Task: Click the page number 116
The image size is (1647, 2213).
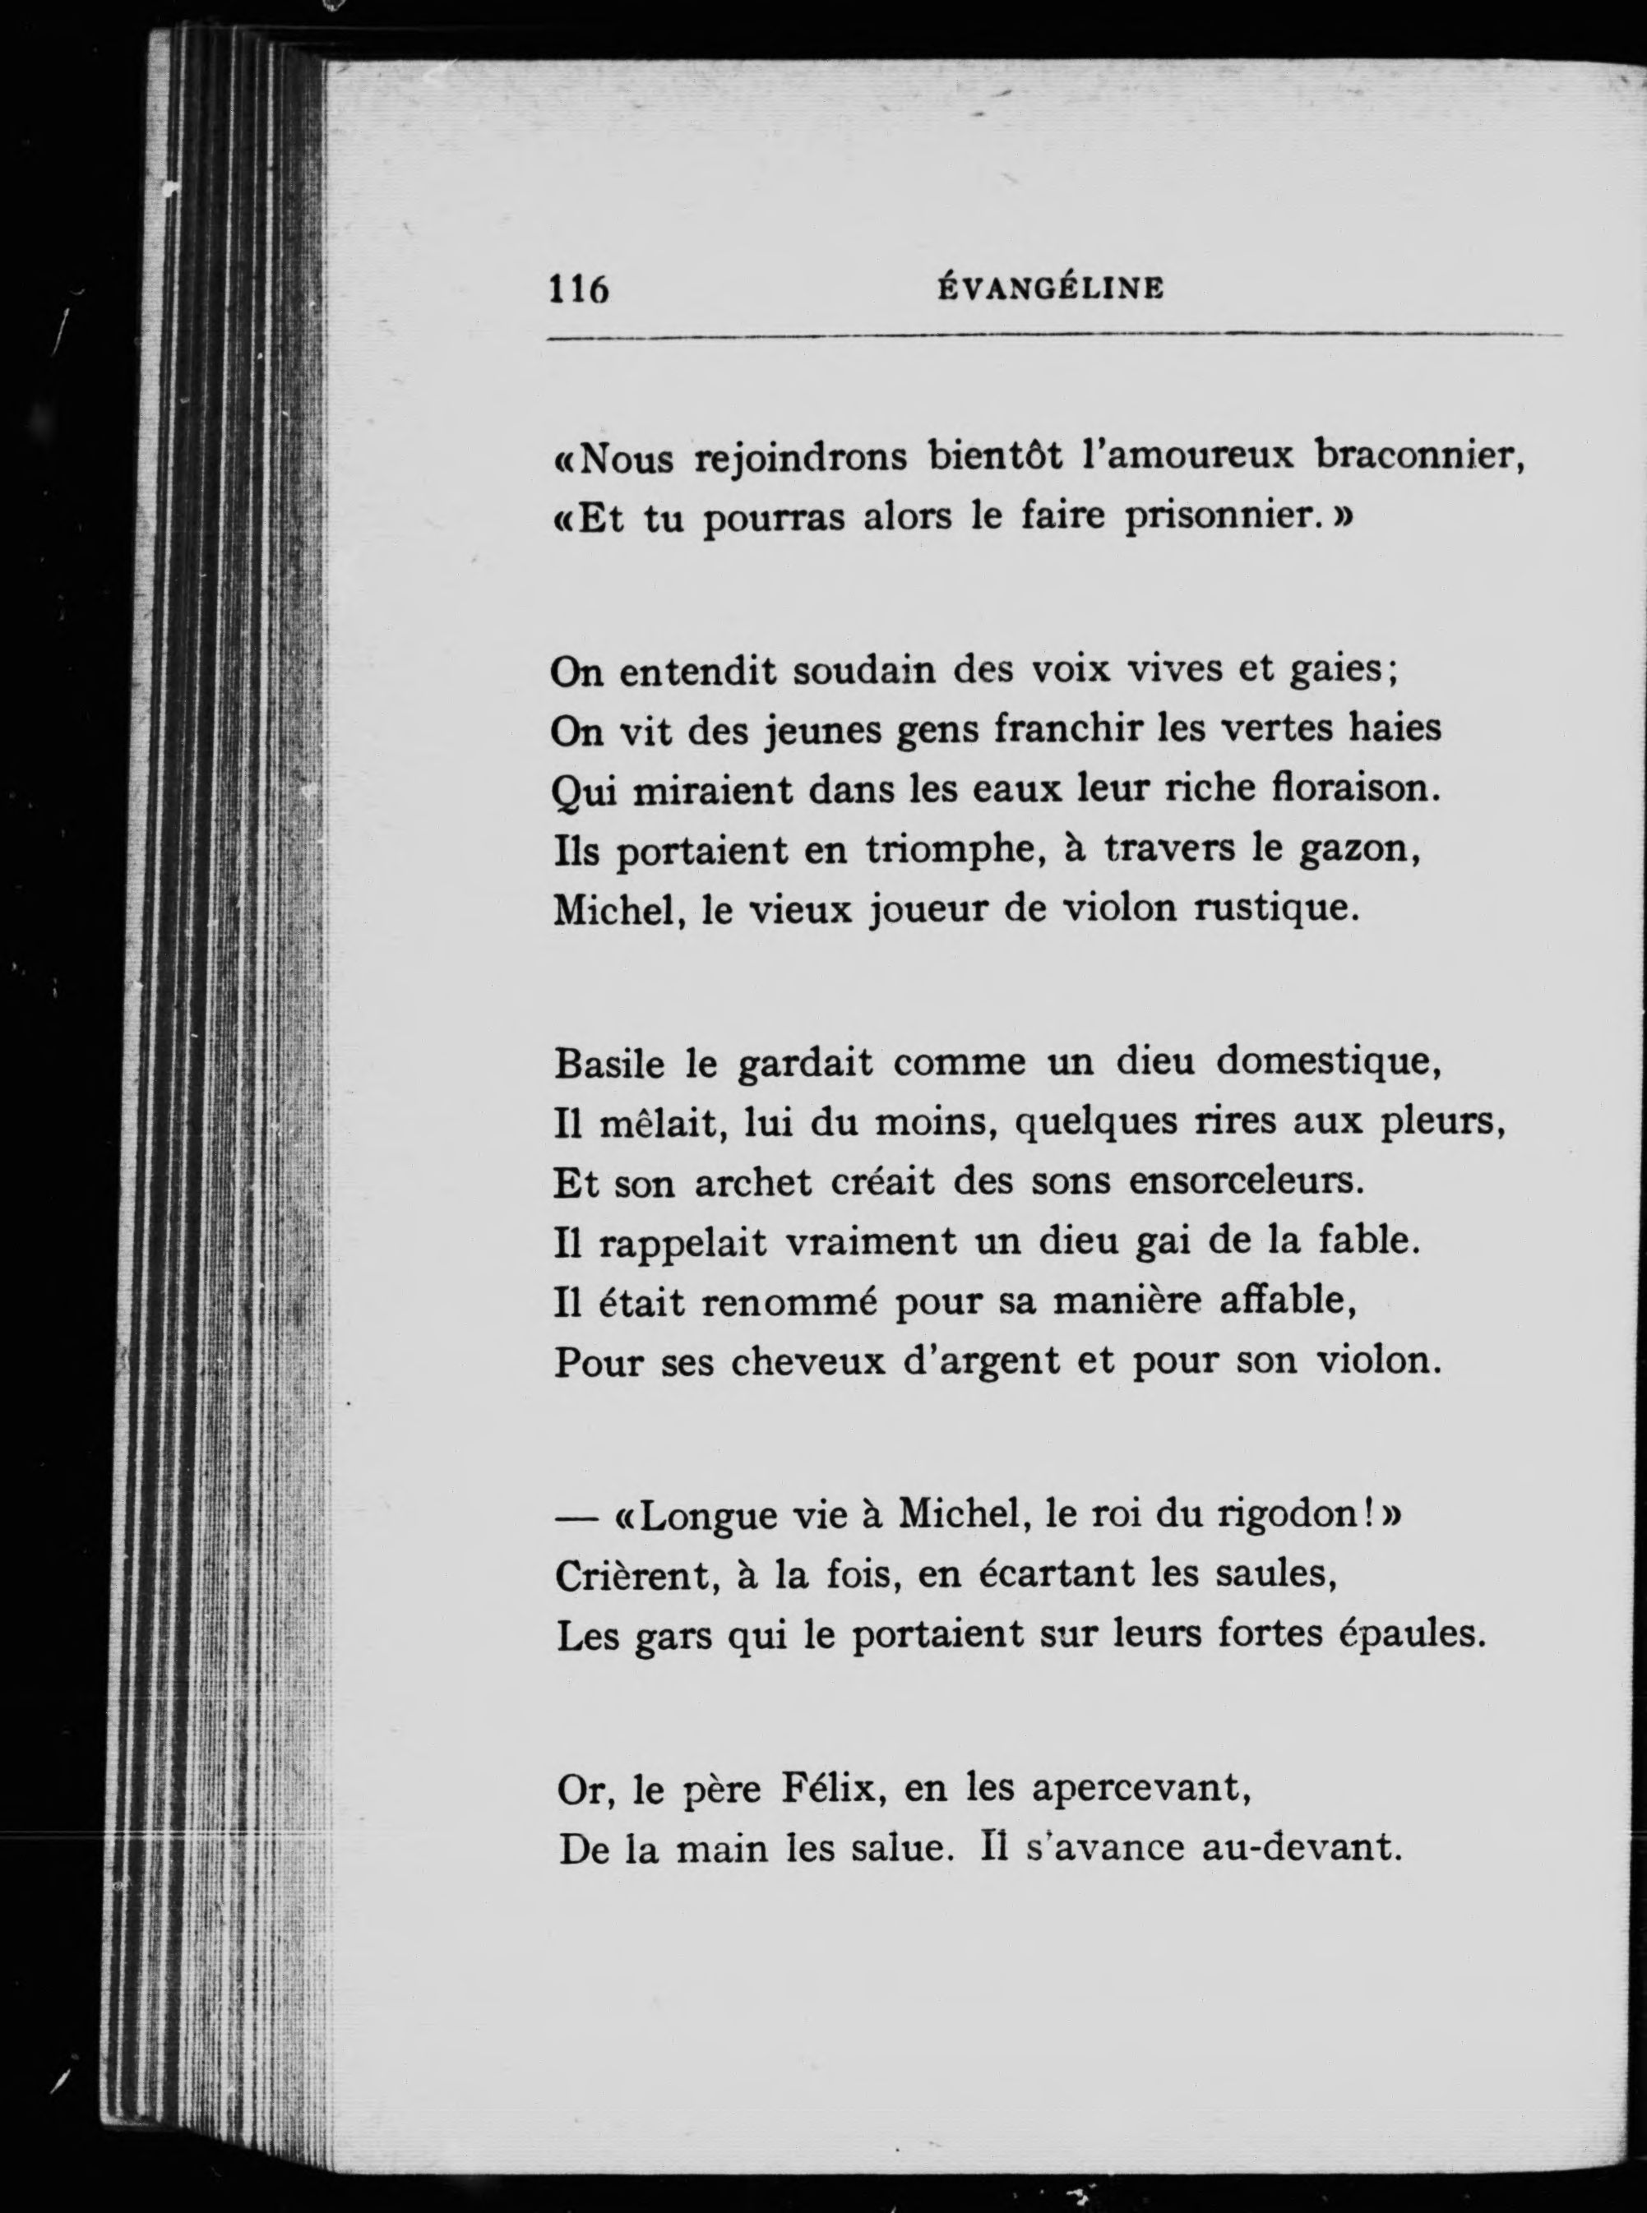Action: coord(578,289)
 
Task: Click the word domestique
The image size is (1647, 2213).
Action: coord(1328,1064)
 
